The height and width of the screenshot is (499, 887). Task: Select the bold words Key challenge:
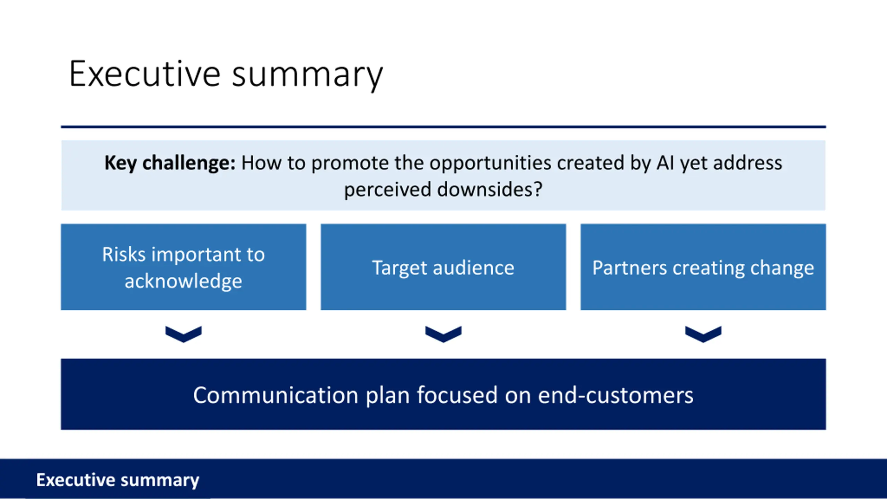coord(170,163)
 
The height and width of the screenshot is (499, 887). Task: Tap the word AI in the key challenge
coord(665,163)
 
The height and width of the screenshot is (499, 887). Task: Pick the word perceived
coord(388,190)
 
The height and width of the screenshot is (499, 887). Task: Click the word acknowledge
coord(183,281)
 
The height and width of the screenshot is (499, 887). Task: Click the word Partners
coord(629,268)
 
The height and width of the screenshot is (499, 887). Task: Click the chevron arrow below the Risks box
coord(183,334)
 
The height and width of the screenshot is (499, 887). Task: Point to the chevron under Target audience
coord(443,334)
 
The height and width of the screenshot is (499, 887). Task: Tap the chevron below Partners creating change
coord(703,334)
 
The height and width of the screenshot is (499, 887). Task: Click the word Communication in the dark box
coord(275,395)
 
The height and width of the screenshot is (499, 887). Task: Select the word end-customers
coord(615,395)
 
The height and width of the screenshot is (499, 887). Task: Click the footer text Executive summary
coord(118,480)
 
